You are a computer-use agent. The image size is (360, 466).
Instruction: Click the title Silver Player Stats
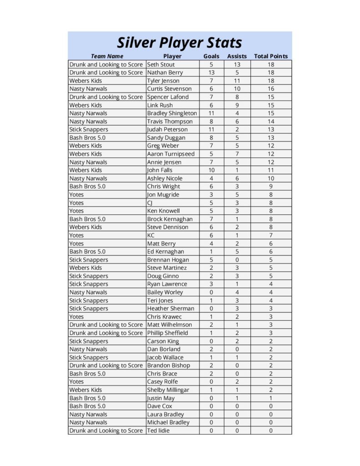click(179, 43)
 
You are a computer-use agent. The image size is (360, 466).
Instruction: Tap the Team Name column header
click(107, 56)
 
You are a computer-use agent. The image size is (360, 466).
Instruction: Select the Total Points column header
click(271, 56)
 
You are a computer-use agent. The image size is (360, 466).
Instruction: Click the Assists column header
click(237, 56)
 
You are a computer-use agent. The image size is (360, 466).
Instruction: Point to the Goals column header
click(211, 56)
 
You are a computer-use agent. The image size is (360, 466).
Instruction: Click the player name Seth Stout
click(161, 65)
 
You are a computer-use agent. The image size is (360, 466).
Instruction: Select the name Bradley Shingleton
click(172, 113)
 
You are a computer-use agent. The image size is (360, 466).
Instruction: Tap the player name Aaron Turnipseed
click(171, 154)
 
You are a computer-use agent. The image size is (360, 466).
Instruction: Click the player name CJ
click(150, 203)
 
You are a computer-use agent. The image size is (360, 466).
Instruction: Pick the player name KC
click(151, 235)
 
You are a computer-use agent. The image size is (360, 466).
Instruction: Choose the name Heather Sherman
click(170, 309)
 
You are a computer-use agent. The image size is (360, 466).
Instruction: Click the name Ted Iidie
click(158, 431)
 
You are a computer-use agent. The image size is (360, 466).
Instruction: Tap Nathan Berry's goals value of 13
click(211, 73)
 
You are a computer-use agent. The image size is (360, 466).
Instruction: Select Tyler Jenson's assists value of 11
click(237, 81)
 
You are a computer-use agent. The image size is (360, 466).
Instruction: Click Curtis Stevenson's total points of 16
click(271, 89)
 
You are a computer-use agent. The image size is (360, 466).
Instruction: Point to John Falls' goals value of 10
click(211, 170)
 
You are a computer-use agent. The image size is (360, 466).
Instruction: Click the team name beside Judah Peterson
click(89, 130)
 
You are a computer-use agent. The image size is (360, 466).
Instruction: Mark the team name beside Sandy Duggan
click(87, 138)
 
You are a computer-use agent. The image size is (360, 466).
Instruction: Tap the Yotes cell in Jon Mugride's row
click(76, 195)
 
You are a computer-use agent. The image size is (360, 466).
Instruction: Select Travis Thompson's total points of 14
click(271, 122)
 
